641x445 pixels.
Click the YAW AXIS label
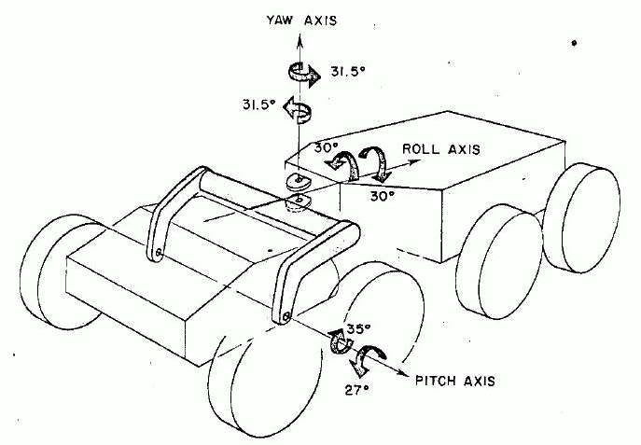pyautogui.click(x=301, y=21)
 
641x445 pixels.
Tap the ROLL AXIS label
pyautogui.click(x=441, y=148)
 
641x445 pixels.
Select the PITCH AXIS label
pyautogui.click(x=455, y=381)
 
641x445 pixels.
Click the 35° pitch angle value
pyautogui.click(x=358, y=328)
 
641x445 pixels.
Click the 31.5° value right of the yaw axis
pyautogui.click(x=347, y=72)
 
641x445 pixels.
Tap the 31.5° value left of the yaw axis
pyautogui.click(x=258, y=105)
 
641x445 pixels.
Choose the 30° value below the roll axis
pyautogui.click(x=383, y=196)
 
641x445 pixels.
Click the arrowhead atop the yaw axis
pyautogui.click(x=300, y=39)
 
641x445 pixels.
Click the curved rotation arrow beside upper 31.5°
pyautogui.click(x=303, y=74)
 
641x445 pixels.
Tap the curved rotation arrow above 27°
pyautogui.click(x=367, y=359)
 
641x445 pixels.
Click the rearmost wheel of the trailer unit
pyautogui.click(x=581, y=217)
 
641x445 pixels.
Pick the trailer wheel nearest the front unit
pyautogui.click(x=498, y=261)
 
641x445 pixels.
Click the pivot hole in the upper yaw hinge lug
pyautogui.click(x=300, y=178)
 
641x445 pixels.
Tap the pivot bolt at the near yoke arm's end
pyautogui.click(x=286, y=316)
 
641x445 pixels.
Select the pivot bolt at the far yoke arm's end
pyautogui.click(x=159, y=254)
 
